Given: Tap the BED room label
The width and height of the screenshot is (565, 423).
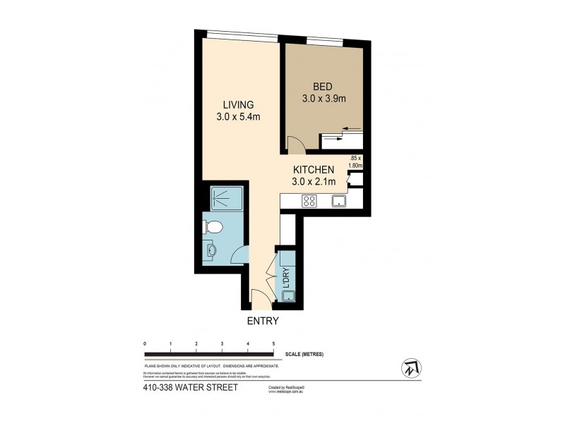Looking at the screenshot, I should pyautogui.click(x=323, y=87).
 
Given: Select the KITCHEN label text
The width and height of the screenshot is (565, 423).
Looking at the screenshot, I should pyautogui.click(x=314, y=169).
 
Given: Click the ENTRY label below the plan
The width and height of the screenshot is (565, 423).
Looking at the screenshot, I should pyautogui.click(x=262, y=321).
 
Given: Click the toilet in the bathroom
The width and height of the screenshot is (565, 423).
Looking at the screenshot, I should pyautogui.click(x=214, y=226).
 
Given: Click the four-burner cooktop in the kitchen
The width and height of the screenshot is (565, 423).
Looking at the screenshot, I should pyautogui.click(x=309, y=201).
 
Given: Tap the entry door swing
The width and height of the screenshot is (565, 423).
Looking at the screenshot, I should pyautogui.click(x=259, y=300).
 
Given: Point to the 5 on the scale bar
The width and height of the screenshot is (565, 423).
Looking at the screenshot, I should pyautogui.click(x=274, y=343).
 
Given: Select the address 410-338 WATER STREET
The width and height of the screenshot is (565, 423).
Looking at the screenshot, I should pyautogui.click(x=186, y=388).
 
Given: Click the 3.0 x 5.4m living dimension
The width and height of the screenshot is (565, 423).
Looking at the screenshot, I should pyautogui.click(x=239, y=116).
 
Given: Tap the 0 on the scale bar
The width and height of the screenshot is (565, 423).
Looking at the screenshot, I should pyautogui.click(x=145, y=343).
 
